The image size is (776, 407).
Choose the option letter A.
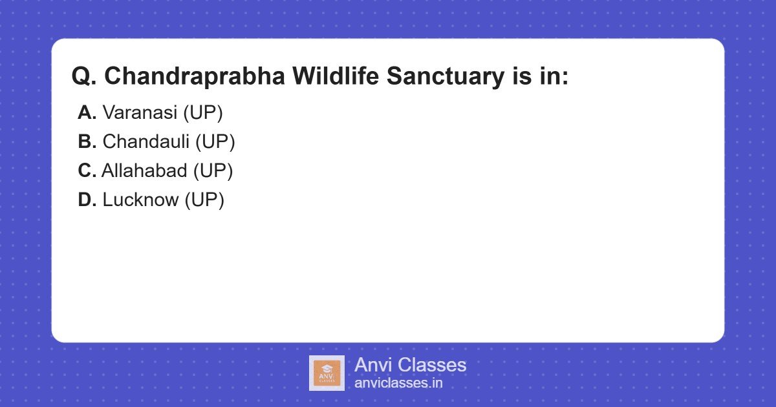[x=87, y=112]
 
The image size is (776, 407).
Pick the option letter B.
[x=87, y=141]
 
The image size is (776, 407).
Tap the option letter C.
[x=87, y=171]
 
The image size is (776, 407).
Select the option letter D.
[x=87, y=200]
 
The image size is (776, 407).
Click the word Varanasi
[x=140, y=112]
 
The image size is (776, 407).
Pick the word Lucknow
[x=140, y=200]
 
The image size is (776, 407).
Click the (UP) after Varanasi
[x=203, y=112]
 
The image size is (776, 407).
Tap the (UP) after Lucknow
[x=204, y=200]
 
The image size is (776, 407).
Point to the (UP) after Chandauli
[x=215, y=141]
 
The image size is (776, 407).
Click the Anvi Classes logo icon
[x=327, y=373]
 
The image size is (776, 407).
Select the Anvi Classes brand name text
[x=410, y=365]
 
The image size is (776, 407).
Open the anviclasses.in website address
[x=398, y=383]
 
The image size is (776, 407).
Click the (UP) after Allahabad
[x=213, y=171]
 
